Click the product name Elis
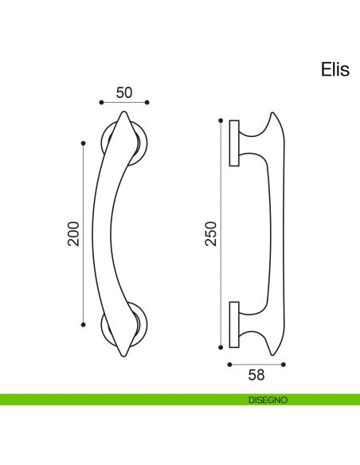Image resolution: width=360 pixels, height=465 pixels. click(x=335, y=70)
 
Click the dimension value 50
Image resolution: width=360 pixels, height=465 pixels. click(x=124, y=92)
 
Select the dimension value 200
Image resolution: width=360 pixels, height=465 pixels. click(x=73, y=232)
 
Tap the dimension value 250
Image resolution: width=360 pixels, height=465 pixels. click(x=211, y=232)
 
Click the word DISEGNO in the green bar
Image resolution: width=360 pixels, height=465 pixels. click(x=267, y=399)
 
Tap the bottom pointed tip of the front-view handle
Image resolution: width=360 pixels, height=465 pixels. click(x=123, y=355)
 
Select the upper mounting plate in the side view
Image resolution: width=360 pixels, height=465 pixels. click(x=234, y=144)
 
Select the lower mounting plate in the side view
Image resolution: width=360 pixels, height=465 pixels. click(x=234, y=324)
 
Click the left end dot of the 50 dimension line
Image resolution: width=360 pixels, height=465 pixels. click(x=101, y=103)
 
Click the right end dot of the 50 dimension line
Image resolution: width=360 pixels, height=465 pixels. click(x=148, y=103)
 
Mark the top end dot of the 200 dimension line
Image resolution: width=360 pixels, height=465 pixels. click(x=84, y=143)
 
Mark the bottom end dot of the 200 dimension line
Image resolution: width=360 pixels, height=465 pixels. click(x=84, y=324)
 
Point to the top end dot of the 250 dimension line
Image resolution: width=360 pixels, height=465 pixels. click(x=221, y=120)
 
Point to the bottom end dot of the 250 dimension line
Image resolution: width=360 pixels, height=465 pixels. click(x=221, y=347)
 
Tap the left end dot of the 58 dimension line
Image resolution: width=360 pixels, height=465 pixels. click(x=229, y=364)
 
